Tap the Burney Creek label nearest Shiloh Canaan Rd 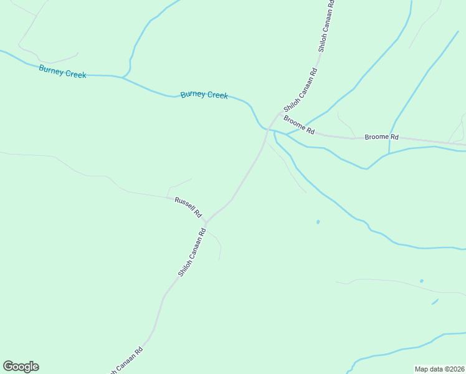click(204, 95)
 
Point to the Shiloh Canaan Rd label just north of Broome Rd click(301, 89)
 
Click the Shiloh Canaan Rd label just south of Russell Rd click(192, 253)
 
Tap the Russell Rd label click(188, 207)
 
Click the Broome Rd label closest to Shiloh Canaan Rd click(298, 124)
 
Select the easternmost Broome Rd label click(381, 137)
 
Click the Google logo click(21, 367)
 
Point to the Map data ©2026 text click(439, 369)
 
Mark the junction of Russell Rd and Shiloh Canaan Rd click(206, 221)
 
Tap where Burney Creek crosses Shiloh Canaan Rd click(268, 130)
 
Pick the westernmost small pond click(318, 221)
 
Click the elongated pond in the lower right click(434, 302)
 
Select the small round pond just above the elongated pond click(422, 281)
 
